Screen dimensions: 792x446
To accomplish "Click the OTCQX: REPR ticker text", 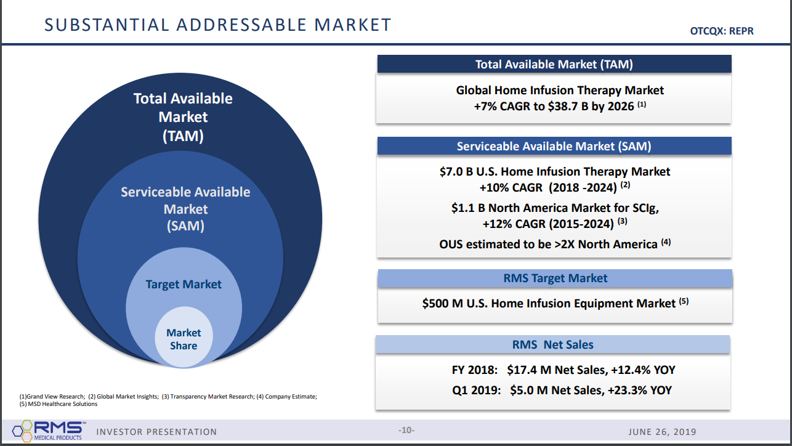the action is coord(722,31).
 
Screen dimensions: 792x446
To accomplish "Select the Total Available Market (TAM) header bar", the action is coord(554,64).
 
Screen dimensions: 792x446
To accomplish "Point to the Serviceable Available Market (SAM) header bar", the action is coord(554,146).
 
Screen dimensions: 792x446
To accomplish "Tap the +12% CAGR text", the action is coord(514,224).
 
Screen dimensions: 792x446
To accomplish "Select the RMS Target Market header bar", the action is coord(555,278).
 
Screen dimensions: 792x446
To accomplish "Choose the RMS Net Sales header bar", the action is coord(552,344).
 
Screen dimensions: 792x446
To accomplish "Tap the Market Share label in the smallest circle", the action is coord(184,339).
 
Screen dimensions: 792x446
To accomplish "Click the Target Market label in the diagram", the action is coord(184,285).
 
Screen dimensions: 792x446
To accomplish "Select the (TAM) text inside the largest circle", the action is coord(183,136).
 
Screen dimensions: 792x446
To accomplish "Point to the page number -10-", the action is coord(406,431).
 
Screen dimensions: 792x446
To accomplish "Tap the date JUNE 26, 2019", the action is coord(662,432).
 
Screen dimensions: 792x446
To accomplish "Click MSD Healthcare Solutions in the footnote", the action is coord(63,404).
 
